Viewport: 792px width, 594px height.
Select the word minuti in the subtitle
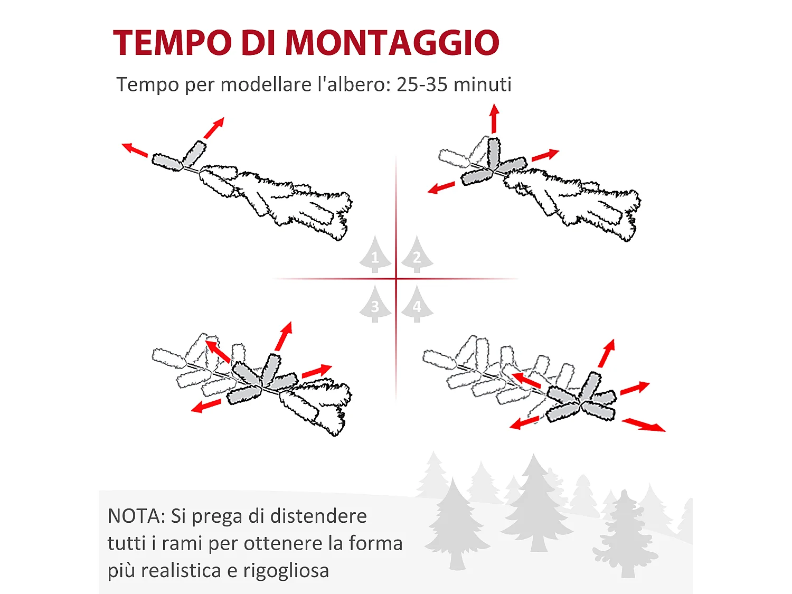click(482, 84)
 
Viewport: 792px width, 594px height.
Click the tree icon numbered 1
click(375, 255)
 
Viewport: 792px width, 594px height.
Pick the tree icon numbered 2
click(417, 255)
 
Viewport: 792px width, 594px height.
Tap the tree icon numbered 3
click(375, 305)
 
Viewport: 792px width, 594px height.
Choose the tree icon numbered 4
click(417, 305)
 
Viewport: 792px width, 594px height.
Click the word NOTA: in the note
click(136, 516)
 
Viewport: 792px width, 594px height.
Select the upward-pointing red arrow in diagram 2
click(494, 118)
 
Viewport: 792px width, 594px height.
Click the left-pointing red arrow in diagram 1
click(135, 150)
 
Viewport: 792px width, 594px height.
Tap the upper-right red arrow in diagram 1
click(214, 128)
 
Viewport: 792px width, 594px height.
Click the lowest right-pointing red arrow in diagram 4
click(644, 425)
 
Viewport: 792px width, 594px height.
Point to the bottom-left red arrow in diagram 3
click(206, 406)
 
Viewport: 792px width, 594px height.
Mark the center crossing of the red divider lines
click(396, 279)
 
